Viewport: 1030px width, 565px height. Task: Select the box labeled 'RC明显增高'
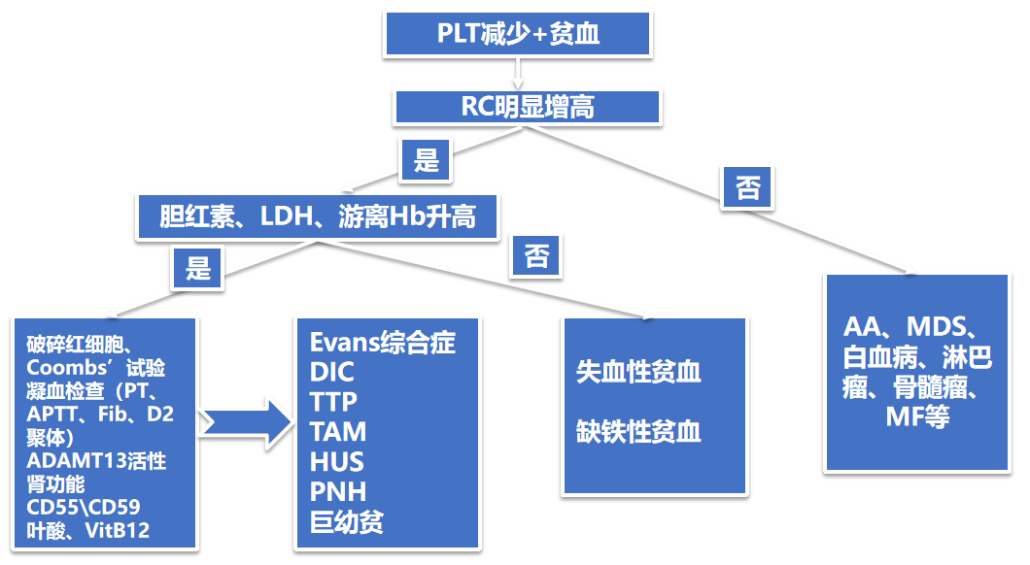coord(527,107)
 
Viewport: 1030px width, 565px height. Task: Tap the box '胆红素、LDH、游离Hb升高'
coord(317,216)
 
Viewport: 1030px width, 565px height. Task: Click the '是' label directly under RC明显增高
coord(427,159)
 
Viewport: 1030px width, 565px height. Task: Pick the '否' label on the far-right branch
coord(748,186)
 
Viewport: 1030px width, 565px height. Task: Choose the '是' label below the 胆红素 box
coord(198,267)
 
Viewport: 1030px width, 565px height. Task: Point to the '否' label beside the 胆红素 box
coord(536,256)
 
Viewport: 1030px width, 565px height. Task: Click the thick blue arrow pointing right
coord(247,423)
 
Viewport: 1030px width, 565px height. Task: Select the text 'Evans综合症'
coord(383,343)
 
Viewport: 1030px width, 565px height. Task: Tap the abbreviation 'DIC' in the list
coord(332,372)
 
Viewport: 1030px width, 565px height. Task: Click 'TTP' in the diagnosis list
coord(334,402)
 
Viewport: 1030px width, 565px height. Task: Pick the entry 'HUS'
coord(337,462)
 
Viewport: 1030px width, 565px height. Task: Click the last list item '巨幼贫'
coord(347,522)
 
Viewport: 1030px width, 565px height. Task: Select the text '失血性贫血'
coord(638,372)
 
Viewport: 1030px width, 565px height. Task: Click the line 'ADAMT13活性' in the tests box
coord(95,460)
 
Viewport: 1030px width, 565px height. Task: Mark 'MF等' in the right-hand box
coord(916,417)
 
